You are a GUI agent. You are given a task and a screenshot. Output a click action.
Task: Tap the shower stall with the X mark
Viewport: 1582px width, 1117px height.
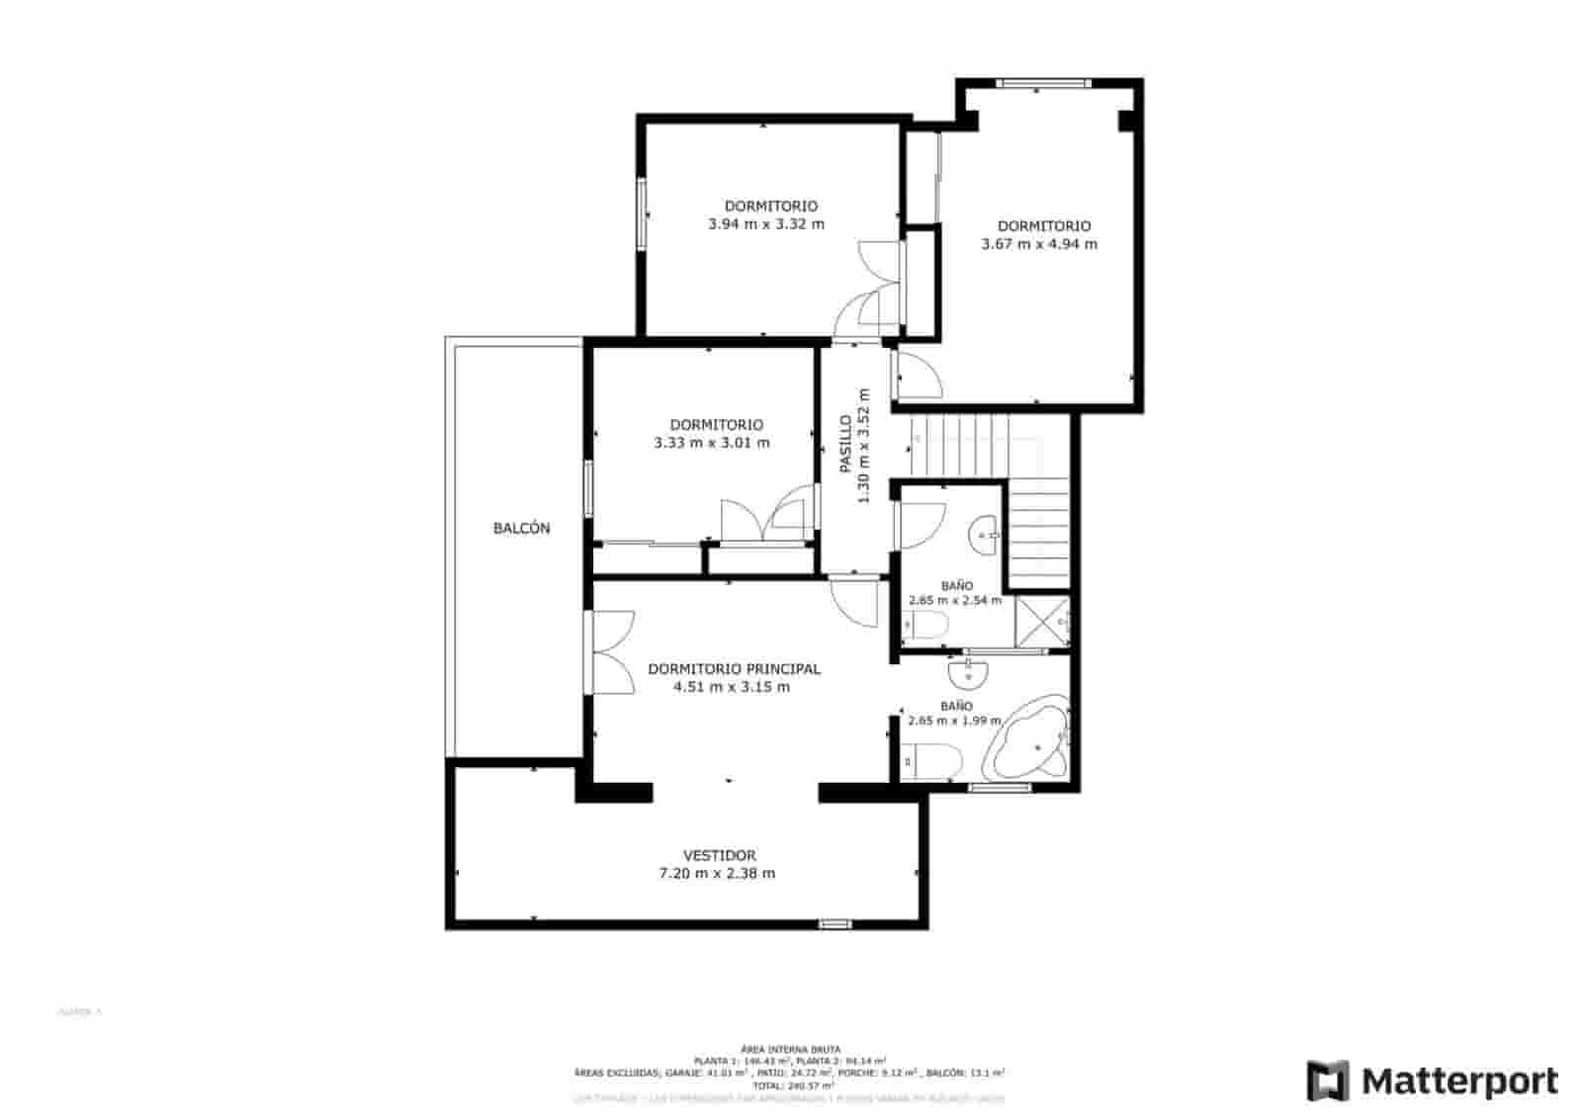[x=1042, y=622]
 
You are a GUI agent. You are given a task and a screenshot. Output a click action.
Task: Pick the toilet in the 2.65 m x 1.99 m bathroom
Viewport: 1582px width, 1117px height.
[x=934, y=761]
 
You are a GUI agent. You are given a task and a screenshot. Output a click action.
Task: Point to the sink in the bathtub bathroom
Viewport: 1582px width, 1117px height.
[x=968, y=675]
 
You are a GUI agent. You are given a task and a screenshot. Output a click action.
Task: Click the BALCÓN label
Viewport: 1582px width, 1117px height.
[x=521, y=529]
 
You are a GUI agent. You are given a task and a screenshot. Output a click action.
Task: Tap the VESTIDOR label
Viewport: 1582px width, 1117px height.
[x=719, y=855]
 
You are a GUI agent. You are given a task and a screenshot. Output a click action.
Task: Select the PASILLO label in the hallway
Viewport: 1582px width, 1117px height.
[x=846, y=445]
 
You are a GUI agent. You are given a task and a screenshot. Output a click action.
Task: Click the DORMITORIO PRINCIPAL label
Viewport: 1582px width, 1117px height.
[x=733, y=669]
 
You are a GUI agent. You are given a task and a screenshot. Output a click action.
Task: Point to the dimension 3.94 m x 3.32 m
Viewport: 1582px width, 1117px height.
[x=766, y=224]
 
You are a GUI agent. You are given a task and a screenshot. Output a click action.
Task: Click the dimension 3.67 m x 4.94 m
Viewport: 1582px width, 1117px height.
[x=1038, y=244]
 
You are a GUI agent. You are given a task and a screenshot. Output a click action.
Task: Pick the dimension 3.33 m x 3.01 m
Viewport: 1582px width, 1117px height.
[x=711, y=443]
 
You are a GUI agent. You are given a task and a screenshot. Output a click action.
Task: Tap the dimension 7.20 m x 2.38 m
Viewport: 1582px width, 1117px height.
[x=717, y=874]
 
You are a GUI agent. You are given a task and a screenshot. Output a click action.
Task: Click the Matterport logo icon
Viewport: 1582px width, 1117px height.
[x=1327, y=1080]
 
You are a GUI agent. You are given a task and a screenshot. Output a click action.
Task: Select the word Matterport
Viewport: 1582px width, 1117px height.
[x=1460, y=1080]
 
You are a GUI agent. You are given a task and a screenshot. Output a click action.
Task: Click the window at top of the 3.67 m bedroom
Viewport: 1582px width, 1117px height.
[x=1042, y=83]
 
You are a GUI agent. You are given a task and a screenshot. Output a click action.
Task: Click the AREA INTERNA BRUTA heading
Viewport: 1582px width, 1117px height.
[x=790, y=1049]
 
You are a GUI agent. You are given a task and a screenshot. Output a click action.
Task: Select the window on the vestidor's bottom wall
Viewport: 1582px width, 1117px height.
[x=835, y=924]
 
